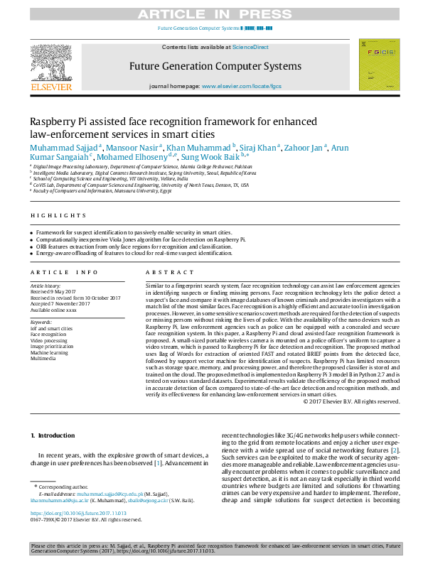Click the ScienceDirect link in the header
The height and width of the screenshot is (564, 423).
pyautogui.click(x=250, y=46)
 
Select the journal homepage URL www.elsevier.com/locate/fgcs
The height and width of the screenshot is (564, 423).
pyautogui.click(x=242, y=86)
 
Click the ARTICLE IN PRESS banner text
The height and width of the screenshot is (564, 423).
pyautogui.click(x=211, y=13)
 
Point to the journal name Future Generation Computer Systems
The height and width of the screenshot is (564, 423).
pyautogui.click(x=215, y=66)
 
